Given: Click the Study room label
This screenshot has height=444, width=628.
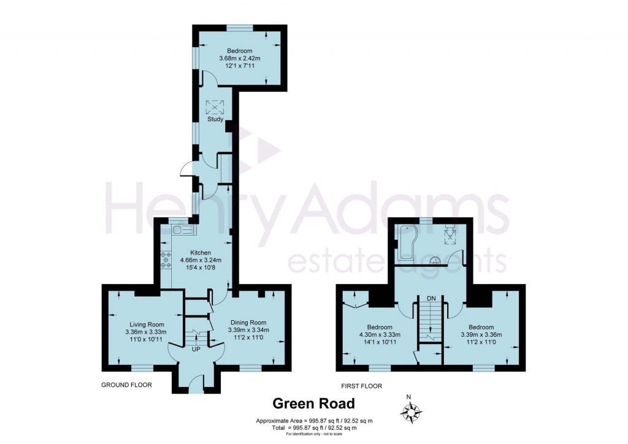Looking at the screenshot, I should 215,120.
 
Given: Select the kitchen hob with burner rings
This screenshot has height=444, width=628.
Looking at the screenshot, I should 166,260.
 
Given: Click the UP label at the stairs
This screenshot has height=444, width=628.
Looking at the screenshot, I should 196,349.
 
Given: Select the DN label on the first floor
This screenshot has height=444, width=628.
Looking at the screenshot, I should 431,298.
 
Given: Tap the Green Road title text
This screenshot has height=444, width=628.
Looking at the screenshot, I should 313,404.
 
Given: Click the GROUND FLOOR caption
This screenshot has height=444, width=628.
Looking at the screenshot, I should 126,385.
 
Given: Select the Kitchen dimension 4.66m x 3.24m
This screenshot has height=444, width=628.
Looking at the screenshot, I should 201,260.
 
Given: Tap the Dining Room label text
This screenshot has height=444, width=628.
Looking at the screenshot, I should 248,323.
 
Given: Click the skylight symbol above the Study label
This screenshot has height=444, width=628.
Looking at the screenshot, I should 215,107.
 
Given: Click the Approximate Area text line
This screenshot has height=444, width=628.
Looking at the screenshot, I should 313,421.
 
